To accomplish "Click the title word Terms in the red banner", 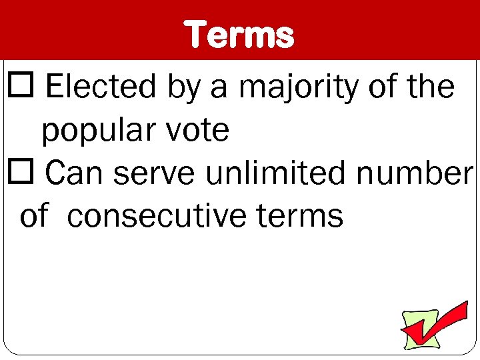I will pyautogui.click(x=240, y=34).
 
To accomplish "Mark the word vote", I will pyautogui.click(x=198, y=131).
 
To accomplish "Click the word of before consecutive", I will pyautogui.click(x=34, y=216).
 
